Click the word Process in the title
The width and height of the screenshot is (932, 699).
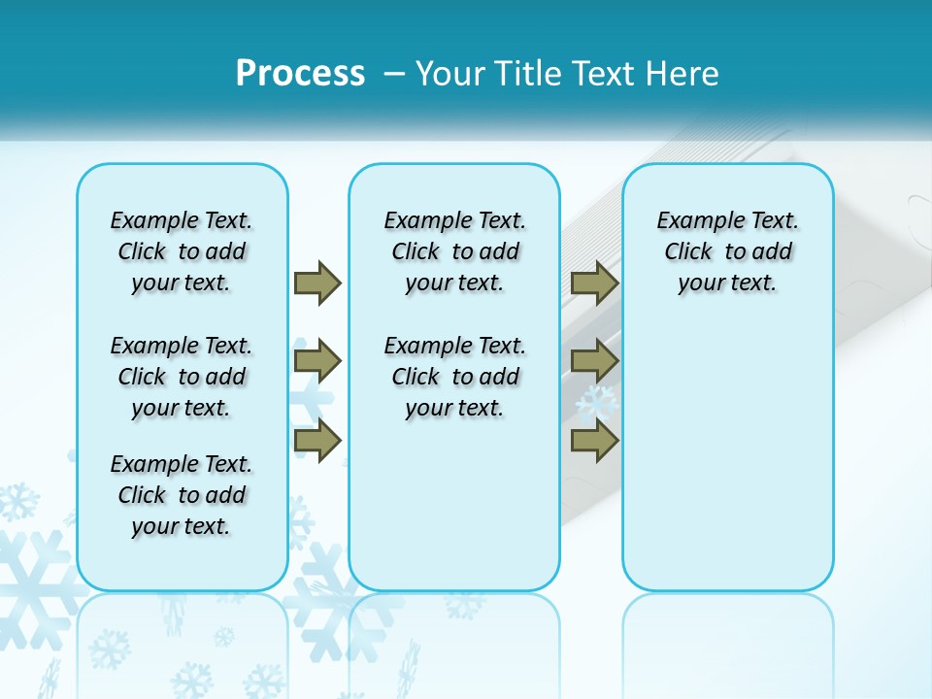click(x=300, y=73)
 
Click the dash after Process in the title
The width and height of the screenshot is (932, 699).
click(x=394, y=74)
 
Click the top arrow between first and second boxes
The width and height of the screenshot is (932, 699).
click(x=317, y=283)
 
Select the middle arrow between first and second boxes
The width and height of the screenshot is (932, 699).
click(x=317, y=361)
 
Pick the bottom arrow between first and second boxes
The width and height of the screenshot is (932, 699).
click(x=317, y=440)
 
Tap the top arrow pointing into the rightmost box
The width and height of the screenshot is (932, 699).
click(x=594, y=283)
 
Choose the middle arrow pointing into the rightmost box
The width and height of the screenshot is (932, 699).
click(x=594, y=361)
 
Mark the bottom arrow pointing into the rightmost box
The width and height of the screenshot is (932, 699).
click(x=594, y=440)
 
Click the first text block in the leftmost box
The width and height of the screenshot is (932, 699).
click(x=182, y=251)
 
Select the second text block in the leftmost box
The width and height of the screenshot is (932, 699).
click(x=182, y=377)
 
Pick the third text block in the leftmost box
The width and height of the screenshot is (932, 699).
click(x=182, y=495)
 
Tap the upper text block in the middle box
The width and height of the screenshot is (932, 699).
click(x=454, y=251)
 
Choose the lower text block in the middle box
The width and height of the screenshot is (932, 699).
click(x=454, y=377)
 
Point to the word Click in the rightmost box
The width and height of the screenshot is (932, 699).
click(x=688, y=252)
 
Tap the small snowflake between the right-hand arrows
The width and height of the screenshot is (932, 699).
click(x=597, y=401)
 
